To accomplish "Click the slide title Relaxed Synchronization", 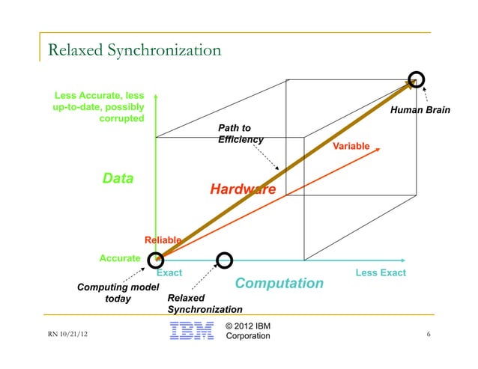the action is [134, 51].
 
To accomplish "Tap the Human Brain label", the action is [420, 110].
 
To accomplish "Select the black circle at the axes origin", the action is [156, 260].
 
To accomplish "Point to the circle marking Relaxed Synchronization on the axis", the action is [224, 260].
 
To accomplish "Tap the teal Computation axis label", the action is [279, 284].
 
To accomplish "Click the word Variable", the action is [351, 146].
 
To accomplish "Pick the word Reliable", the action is [163, 240].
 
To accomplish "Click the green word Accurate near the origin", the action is [120, 259].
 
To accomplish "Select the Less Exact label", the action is [381, 272].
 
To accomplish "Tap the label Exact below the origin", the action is [169, 272].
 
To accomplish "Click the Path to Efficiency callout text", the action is [240, 134].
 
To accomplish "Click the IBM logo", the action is [191, 332].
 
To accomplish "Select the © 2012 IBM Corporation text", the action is [248, 332].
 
